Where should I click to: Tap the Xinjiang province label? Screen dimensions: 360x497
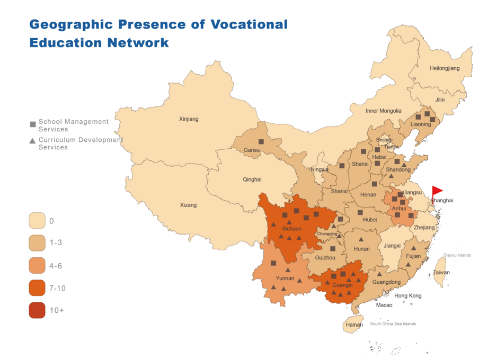(189, 119)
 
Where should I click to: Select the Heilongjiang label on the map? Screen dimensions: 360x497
(445, 68)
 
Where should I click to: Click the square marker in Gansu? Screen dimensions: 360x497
(261, 142)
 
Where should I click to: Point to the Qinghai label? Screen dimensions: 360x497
(252, 179)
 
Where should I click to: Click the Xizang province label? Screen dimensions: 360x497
(188, 205)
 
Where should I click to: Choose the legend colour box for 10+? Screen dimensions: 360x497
(37, 310)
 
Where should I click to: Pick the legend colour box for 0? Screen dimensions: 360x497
(37, 221)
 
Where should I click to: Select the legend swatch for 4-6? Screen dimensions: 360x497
(37, 266)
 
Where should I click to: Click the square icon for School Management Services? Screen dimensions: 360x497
(33, 125)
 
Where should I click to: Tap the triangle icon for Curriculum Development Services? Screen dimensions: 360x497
(33, 141)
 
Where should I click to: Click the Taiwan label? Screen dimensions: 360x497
(441, 273)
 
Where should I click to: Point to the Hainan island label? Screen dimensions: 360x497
(354, 325)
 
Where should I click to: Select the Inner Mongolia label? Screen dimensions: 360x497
(384, 111)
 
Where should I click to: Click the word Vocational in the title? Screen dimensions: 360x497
(249, 24)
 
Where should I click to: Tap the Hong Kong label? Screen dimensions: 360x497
(408, 295)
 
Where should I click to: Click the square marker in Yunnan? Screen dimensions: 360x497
(273, 263)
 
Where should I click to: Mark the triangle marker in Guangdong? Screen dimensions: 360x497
(380, 274)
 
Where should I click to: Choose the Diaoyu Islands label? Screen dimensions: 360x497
(457, 255)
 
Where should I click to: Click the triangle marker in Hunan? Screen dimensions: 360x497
(361, 239)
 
